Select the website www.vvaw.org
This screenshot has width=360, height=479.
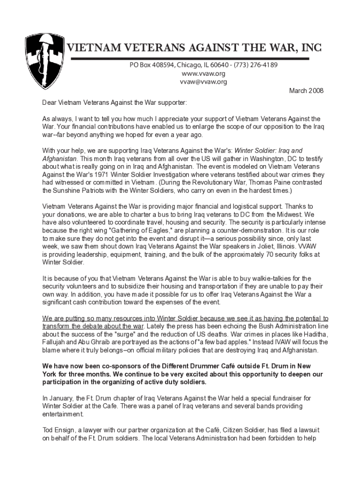pyautogui.click(x=203, y=74)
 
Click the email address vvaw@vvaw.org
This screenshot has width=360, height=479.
pyautogui.click(x=203, y=82)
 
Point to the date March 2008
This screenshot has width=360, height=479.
pyautogui.click(x=307, y=91)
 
